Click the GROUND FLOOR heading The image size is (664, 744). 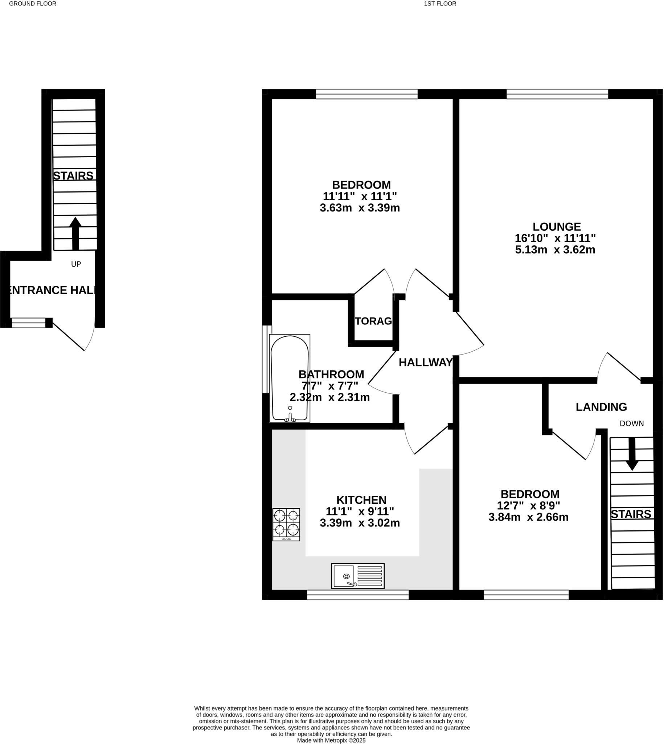coord(32,4)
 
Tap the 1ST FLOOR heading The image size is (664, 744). coord(440,4)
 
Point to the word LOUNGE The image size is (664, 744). coord(557,227)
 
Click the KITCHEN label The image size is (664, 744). coord(361,500)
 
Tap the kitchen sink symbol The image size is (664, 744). coord(357,576)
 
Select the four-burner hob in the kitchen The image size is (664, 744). coord(286,525)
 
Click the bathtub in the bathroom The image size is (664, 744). coord(290,378)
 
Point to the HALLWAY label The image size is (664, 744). coord(425,362)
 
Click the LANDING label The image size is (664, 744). coord(601,407)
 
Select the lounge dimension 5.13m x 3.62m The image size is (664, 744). coord(555,250)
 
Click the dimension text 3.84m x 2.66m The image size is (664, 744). coord(528,517)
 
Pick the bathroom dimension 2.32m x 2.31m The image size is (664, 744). coord(329,397)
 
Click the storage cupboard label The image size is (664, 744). coord(373,321)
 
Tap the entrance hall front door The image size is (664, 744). coord(73,335)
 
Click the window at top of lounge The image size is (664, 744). coord(557,94)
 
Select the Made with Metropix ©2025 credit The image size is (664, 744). coord(331,740)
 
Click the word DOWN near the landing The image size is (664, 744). coord(632,423)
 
